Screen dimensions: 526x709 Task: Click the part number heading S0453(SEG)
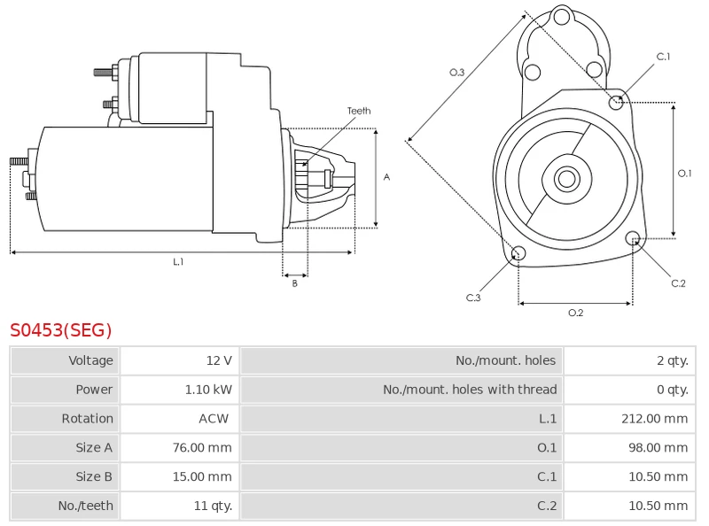pyautogui.click(x=61, y=331)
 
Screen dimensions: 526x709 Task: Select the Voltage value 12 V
pyautogui.click(x=218, y=360)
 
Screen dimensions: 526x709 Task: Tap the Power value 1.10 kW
pyautogui.click(x=208, y=390)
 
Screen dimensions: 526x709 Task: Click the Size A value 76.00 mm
pyautogui.click(x=202, y=448)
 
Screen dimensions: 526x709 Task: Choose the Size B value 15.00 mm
pyautogui.click(x=202, y=477)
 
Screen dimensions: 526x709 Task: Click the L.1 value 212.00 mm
pyautogui.click(x=654, y=419)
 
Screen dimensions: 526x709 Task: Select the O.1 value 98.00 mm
pyautogui.click(x=658, y=448)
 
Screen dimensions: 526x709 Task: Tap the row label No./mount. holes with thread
pyautogui.click(x=470, y=390)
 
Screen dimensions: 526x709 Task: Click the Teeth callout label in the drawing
pyautogui.click(x=359, y=112)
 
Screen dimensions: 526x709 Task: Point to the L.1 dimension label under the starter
pyautogui.click(x=178, y=262)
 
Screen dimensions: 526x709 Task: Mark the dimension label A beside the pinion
pyautogui.click(x=386, y=177)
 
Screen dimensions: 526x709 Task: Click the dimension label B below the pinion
pyautogui.click(x=295, y=283)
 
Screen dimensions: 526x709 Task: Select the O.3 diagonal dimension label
pyautogui.click(x=456, y=73)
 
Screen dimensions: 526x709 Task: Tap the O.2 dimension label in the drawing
pyautogui.click(x=575, y=313)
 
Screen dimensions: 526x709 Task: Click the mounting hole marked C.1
pyautogui.click(x=617, y=102)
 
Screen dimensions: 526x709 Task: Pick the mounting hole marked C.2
pyautogui.click(x=633, y=238)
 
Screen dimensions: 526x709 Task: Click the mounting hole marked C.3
pyautogui.click(x=519, y=255)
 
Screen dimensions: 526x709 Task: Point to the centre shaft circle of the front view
pyautogui.click(x=566, y=179)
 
